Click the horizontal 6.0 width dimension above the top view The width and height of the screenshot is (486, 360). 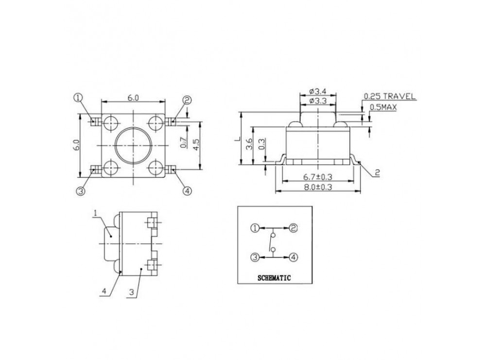[x=133, y=98]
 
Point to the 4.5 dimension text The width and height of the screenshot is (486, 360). [x=196, y=145]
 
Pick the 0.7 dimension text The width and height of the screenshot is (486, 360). [x=183, y=142]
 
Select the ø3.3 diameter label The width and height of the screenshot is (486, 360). [x=317, y=102]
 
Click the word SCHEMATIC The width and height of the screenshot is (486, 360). [x=273, y=278]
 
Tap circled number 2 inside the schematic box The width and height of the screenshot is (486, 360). [x=293, y=228]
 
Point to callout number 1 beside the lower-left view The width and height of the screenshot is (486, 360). [x=96, y=212]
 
